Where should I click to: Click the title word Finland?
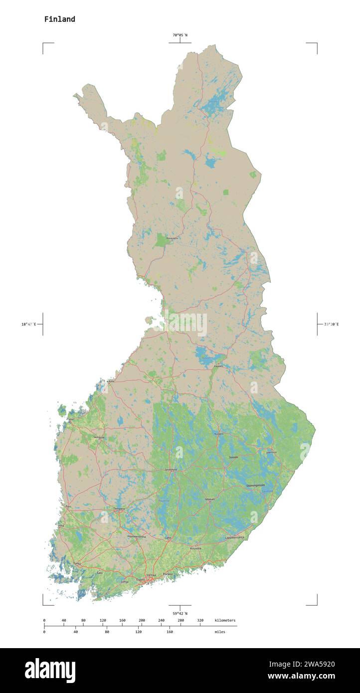tap(59, 19)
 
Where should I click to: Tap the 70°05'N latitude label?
tap(180, 35)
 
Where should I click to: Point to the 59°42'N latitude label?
tap(180, 613)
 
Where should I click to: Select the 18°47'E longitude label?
tap(28, 325)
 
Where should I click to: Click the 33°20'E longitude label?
tap(331, 325)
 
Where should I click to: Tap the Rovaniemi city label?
tap(172, 238)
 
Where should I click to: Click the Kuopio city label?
tap(218, 434)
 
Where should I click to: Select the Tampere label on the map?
tap(119, 509)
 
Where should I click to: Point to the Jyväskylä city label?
tap(171, 470)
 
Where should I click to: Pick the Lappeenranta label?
tap(235, 537)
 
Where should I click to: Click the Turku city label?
tap(77, 563)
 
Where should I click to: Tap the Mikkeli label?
tap(210, 499)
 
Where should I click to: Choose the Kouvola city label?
tap(195, 548)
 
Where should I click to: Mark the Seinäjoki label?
tap(99, 437)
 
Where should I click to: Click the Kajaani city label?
tap(218, 366)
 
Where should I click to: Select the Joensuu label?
tap(271, 452)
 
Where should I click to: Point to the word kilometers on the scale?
tap(225, 620)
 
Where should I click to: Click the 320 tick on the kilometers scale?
tap(200, 620)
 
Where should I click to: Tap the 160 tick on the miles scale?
tap(170, 632)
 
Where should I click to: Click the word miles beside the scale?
tap(220, 632)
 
